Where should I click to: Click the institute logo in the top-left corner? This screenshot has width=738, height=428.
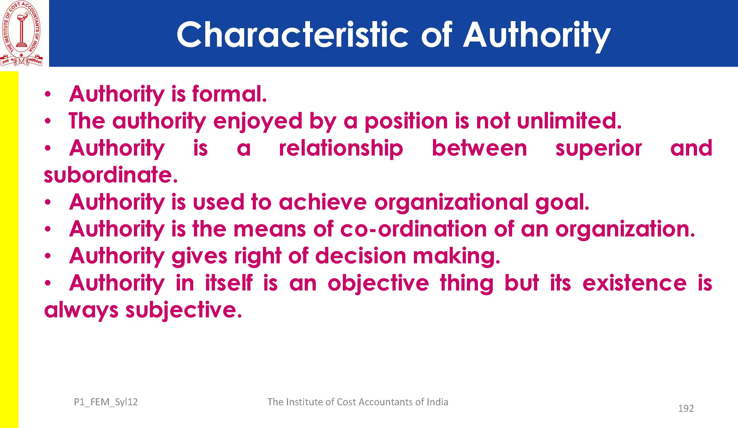(21, 33)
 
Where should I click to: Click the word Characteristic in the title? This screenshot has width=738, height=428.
(292, 35)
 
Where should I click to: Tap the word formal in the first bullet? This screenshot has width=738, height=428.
(229, 94)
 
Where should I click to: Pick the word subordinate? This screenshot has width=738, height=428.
(111, 175)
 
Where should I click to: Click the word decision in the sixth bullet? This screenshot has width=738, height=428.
(360, 255)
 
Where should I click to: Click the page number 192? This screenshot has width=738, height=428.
(686, 408)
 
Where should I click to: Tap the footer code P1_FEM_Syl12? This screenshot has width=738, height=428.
(106, 402)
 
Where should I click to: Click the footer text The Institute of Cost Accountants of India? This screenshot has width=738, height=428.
(358, 402)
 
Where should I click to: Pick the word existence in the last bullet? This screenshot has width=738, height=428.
(635, 283)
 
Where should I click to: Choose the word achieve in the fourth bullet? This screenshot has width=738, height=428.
(323, 202)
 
